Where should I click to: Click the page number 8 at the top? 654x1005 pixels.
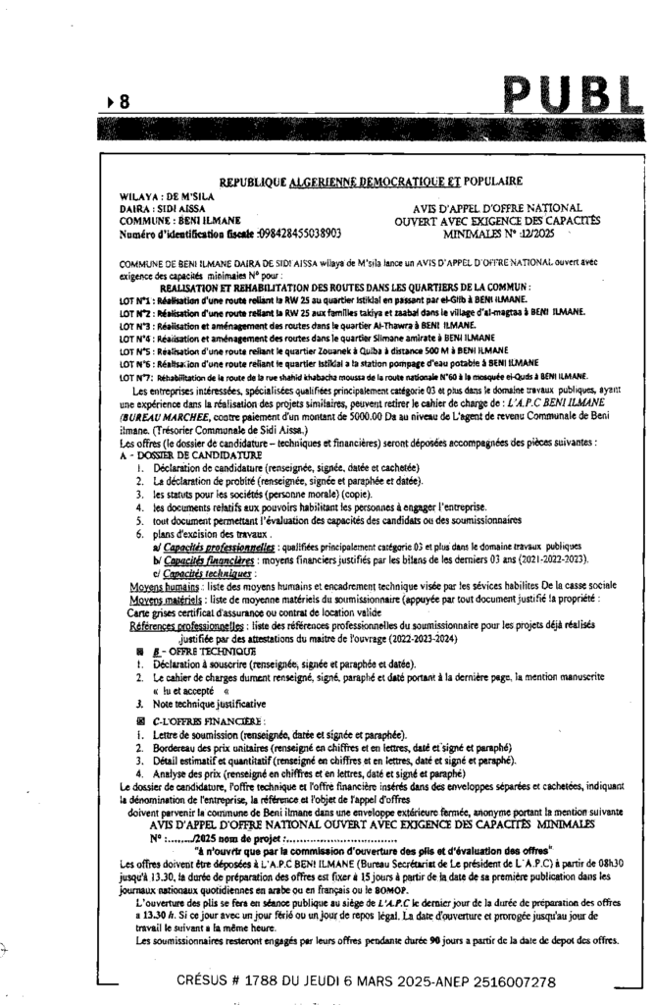[x=126, y=100]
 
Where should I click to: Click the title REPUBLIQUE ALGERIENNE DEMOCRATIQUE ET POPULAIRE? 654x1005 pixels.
[x=371, y=182]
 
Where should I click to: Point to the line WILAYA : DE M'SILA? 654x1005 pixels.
[x=155, y=194]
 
